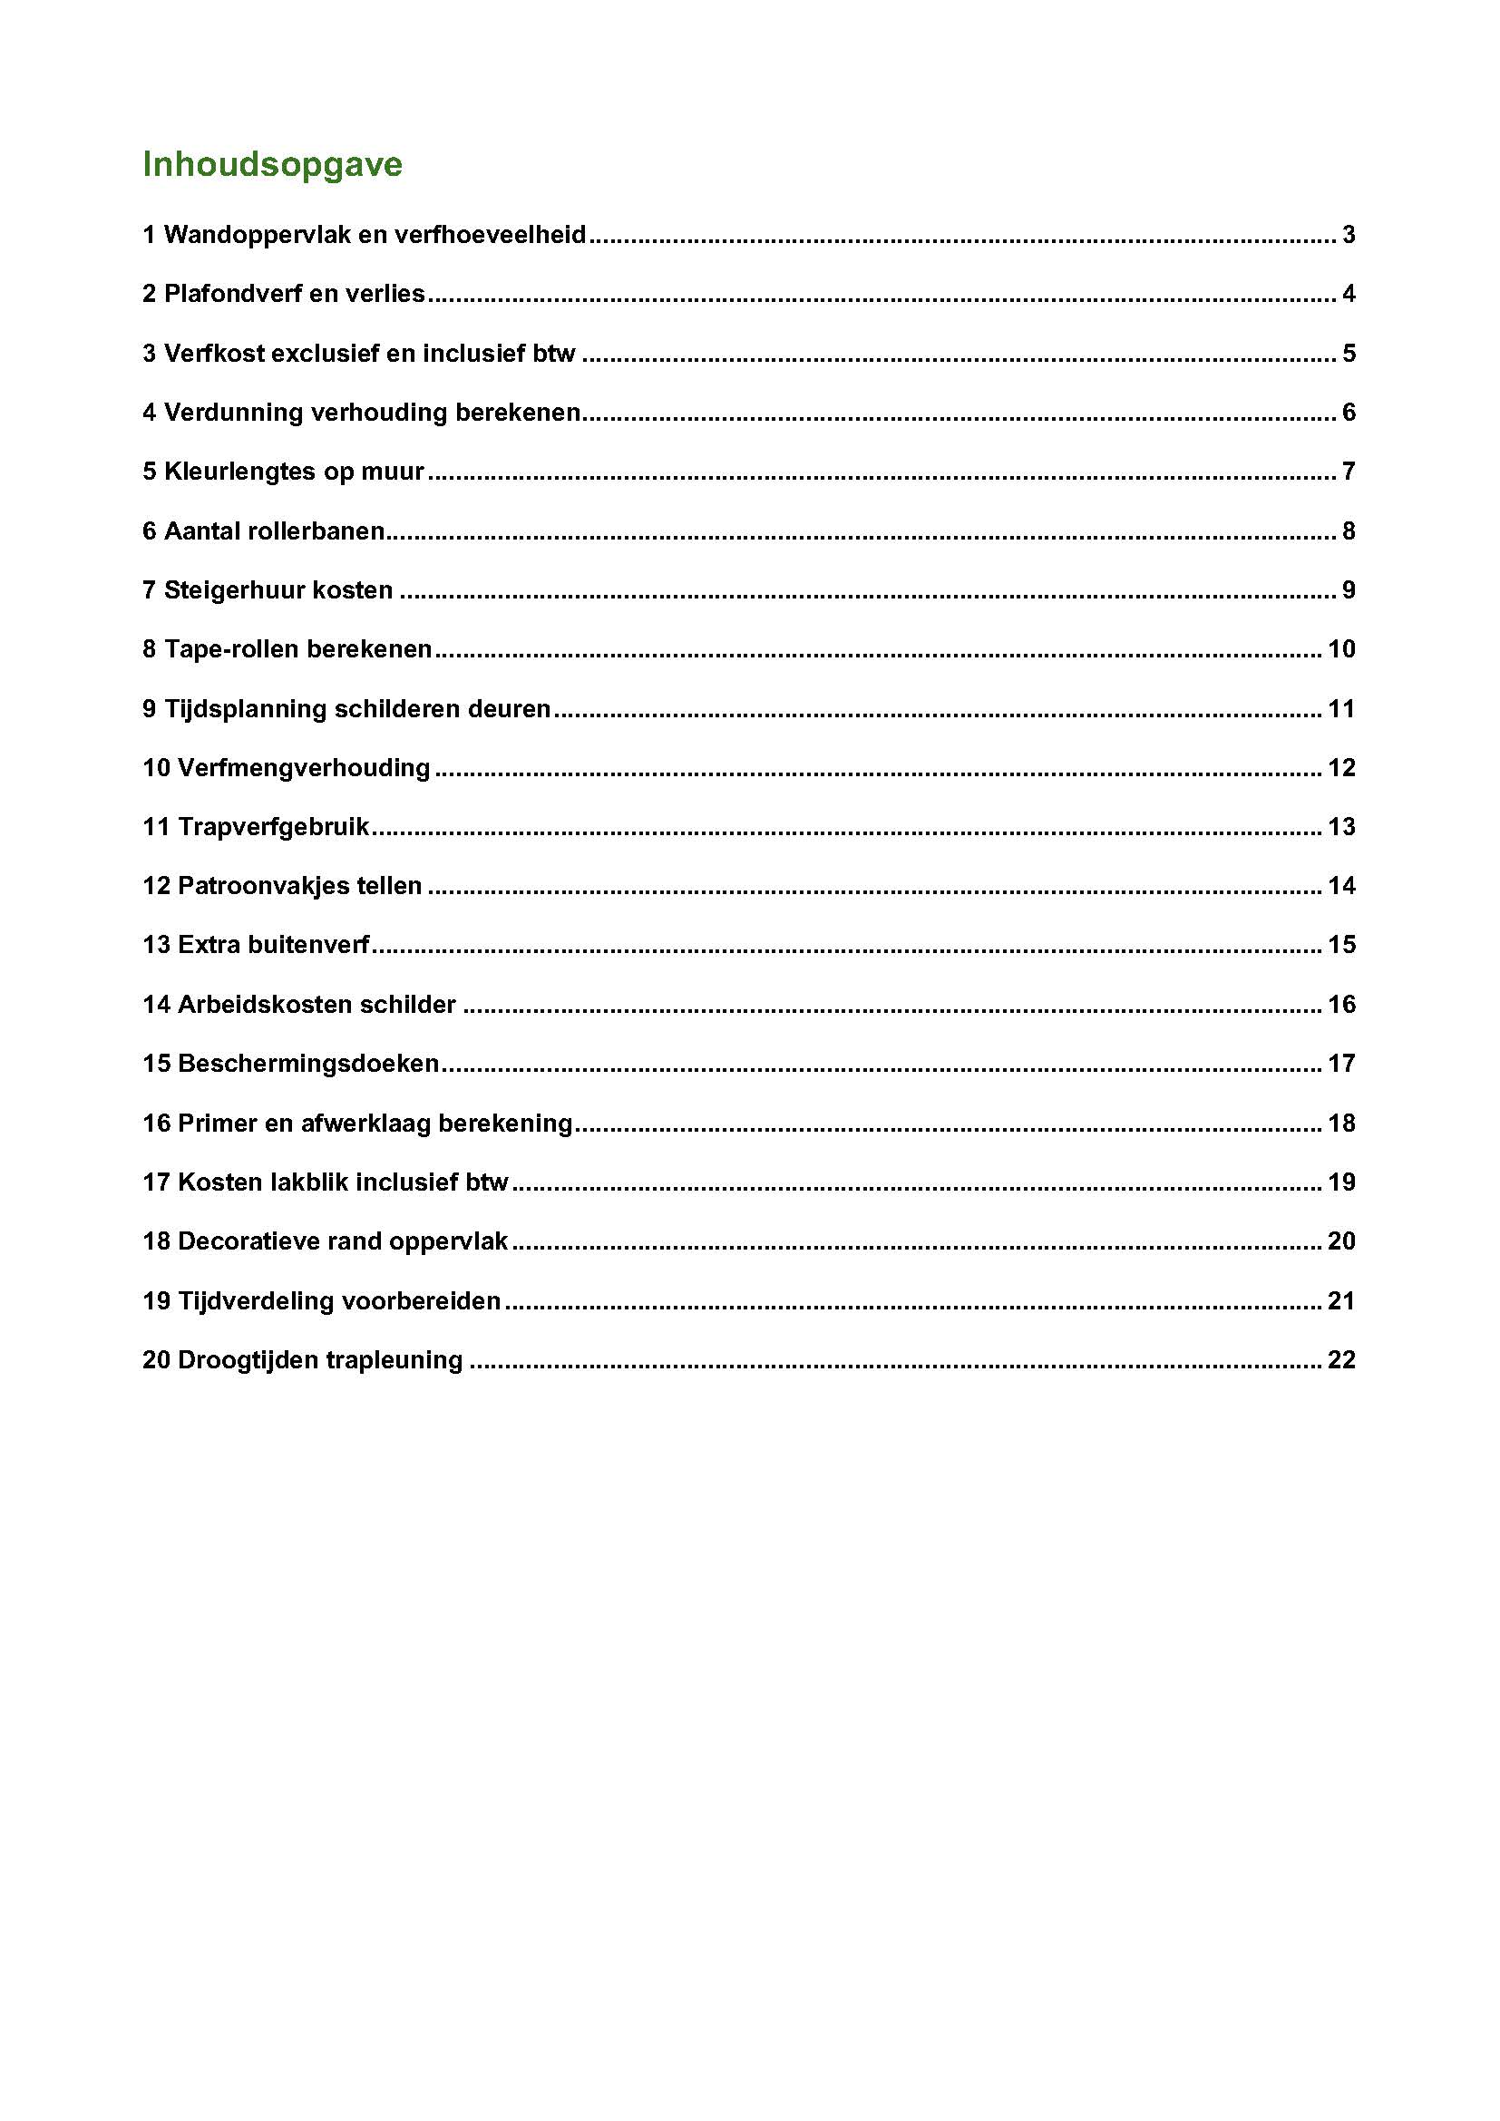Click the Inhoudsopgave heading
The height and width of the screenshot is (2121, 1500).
point(272,164)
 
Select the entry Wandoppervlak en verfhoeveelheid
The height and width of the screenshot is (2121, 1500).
point(365,235)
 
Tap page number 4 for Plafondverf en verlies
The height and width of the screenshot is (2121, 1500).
point(1349,294)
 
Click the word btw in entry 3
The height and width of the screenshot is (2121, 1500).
point(554,353)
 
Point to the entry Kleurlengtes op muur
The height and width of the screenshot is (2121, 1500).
point(284,472)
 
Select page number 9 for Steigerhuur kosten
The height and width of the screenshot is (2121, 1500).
point(1349,590)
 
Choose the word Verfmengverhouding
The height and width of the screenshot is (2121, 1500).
point(304,768)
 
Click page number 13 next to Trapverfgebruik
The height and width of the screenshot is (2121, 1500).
point(1341,827)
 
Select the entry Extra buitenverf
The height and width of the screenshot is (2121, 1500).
point(256,945)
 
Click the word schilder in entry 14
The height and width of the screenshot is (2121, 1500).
point(416,1004)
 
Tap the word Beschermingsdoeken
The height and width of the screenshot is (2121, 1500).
point(307,1064)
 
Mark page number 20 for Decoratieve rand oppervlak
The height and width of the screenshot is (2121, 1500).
point(1341,1241)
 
